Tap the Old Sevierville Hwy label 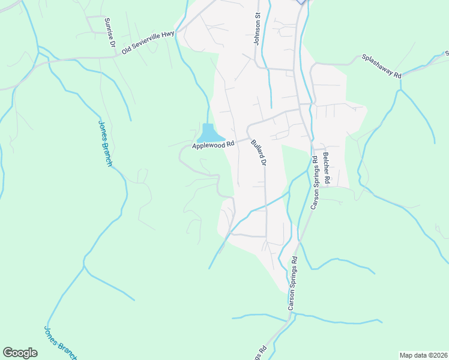point(148,43)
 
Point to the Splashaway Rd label point(381,65)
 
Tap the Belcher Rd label point(327,167)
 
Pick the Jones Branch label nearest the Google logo point(60,343)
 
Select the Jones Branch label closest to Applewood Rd point(105,143)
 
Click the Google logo point(20,353)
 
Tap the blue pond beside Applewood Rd point(208,132)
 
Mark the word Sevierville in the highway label point(146,43)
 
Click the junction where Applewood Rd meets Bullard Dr point(248,139)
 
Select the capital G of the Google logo point(8,353)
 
